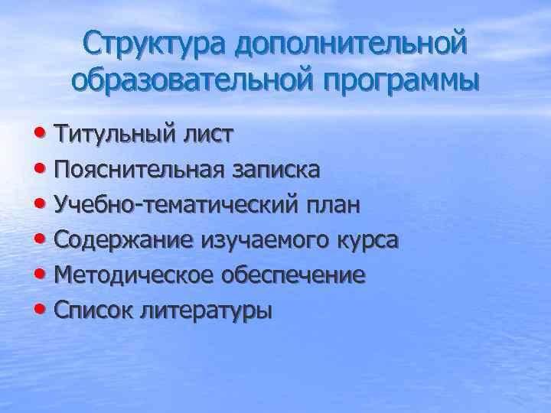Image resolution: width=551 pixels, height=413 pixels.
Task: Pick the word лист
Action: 208,135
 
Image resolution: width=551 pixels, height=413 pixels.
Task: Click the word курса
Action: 369,241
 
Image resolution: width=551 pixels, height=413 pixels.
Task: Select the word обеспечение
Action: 293,276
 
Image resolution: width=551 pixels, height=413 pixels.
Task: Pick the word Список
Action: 99,311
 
